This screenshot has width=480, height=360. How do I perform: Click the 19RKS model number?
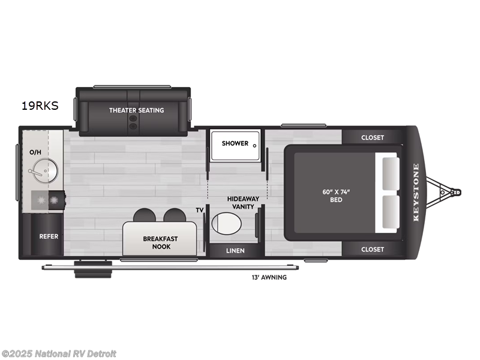click(x=40, y=106)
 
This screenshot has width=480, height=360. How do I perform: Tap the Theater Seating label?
click(x=136, y=110)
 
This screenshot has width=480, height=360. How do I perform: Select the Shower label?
click(x=235, y=143)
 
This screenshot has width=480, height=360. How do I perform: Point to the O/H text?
click(x=35, y=152)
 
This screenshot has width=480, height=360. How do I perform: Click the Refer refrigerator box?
click(x=49, y=236)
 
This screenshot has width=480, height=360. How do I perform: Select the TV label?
click(x=199, y=210)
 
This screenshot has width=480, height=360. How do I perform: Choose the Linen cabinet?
click(x=235, y=250)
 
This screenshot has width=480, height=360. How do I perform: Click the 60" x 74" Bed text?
click(x=335, y=196)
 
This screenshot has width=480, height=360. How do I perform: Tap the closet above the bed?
click(x=372, y=137)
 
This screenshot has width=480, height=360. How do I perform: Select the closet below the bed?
click(x=372, y=249)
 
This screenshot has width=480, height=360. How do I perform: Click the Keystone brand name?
click(x=416, y=193)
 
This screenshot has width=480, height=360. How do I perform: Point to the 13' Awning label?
click(x=269, y=277)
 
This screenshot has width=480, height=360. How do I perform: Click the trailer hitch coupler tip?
click(x=457, y=193)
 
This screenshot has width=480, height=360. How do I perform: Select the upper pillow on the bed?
click(x=389, y=173)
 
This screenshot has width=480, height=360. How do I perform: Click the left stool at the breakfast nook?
click(x=145, y=215)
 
